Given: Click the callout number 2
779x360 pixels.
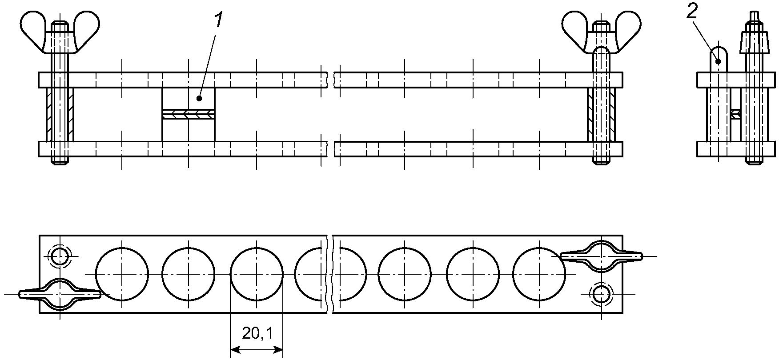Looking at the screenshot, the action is pos(692,12).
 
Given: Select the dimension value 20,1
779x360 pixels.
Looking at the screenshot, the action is pos(257,333).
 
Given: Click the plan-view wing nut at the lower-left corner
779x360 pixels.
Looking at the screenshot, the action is pos(60,294).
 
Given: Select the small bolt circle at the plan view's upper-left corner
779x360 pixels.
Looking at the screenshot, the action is pos(60,256).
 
